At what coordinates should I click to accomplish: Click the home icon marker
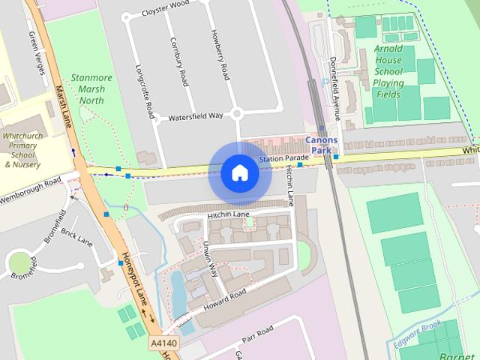point(239,173)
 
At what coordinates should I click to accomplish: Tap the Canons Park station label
point(322,145)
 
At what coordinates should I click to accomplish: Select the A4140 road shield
point(164,343)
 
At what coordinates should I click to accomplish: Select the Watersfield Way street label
point(196,116)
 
